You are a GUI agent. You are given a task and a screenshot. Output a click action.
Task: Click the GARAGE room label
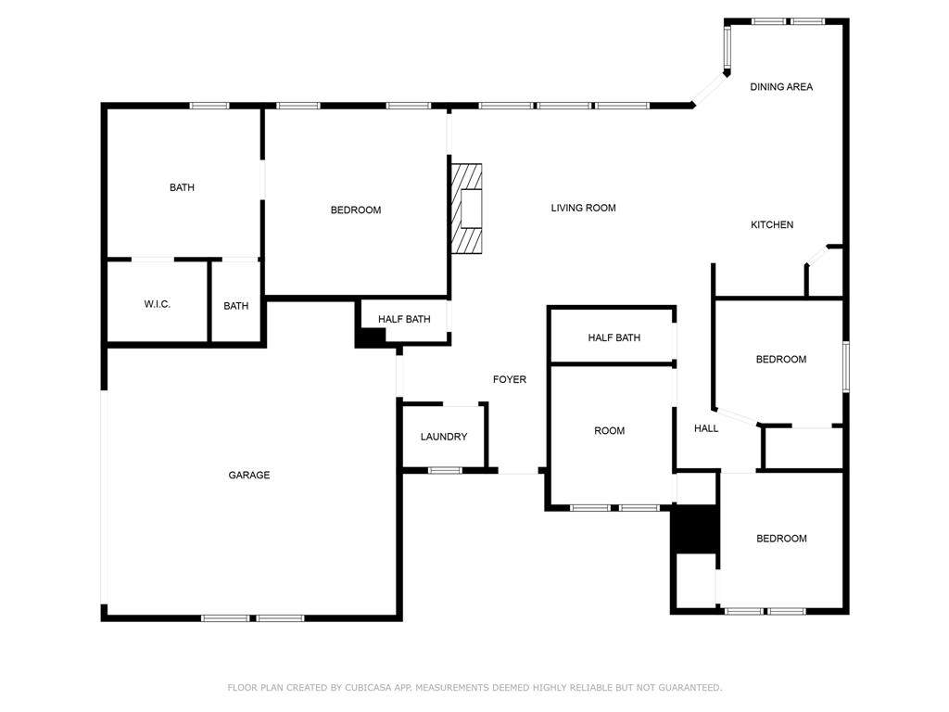248,476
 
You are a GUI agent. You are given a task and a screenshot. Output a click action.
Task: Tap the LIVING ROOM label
584,209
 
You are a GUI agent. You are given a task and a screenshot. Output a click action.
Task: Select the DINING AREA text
781,87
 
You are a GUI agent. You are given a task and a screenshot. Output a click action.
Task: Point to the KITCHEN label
772,225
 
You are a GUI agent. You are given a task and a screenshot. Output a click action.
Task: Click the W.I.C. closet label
158,304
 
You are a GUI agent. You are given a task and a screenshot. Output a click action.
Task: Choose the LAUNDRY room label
444,438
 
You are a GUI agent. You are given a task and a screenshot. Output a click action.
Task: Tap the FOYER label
510,379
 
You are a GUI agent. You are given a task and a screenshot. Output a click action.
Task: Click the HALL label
706,428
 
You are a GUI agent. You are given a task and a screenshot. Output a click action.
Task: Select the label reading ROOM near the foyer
610,431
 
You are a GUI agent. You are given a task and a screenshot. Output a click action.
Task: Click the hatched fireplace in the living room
467,208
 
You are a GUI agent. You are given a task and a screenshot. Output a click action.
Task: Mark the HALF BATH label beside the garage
404,319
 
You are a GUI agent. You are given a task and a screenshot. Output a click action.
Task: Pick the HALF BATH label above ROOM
614,337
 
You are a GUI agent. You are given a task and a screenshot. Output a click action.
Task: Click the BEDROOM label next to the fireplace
356,210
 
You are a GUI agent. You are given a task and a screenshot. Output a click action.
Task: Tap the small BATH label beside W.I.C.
236,306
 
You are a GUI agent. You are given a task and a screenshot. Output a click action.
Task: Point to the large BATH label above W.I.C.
183,187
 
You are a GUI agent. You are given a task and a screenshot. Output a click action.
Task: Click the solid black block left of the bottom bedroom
696,528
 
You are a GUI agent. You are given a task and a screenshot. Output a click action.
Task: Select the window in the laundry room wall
445,470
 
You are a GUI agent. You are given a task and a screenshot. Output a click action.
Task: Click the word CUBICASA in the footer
369,688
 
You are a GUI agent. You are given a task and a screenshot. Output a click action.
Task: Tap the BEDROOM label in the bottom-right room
781,539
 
